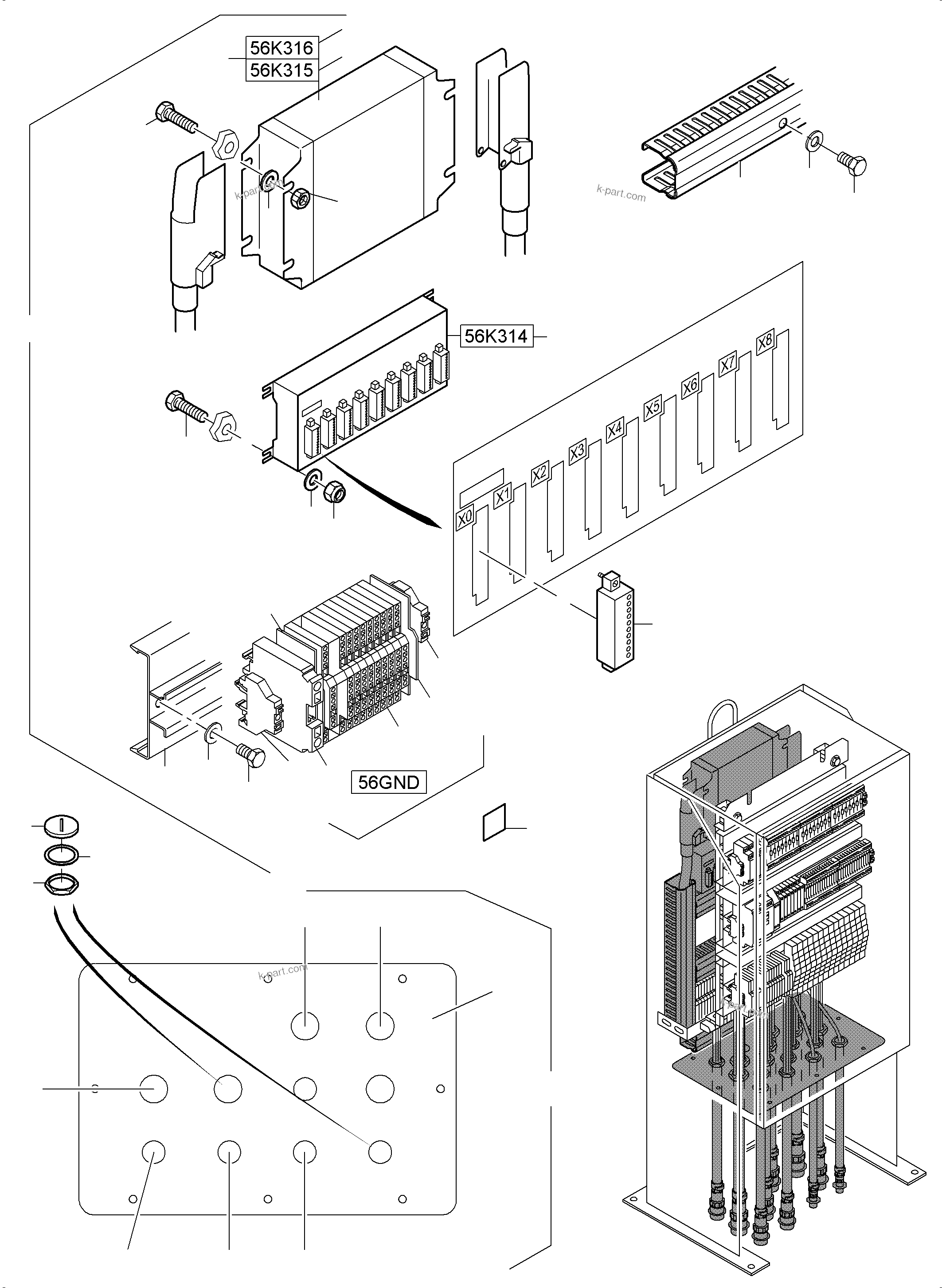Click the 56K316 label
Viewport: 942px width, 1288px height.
coord(281,47)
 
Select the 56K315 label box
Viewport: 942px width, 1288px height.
coord(281,70)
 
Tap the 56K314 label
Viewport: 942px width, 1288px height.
coord(496,336)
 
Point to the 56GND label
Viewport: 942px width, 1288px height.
coord(388,782)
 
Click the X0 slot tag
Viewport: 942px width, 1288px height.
coord(465,518)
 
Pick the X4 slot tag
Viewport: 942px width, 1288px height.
coord(615,429)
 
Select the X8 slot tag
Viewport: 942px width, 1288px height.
coord(765,342)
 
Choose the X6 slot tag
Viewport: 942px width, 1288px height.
coord(690,386)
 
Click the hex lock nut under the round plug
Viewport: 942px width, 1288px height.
coord(61,884)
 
